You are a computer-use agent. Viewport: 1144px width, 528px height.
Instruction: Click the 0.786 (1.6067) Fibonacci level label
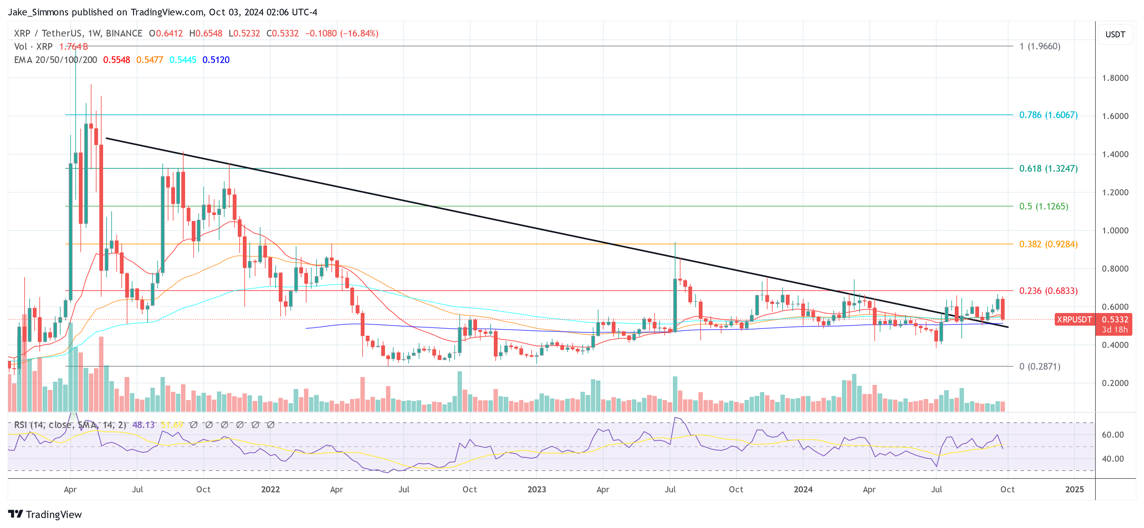pos(1048,115)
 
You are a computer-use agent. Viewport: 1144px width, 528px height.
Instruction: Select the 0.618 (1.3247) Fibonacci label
pos(1048,169)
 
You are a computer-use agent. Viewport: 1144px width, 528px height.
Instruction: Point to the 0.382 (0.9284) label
pos(1048,244)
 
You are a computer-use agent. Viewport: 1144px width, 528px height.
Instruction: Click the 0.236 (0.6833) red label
pos(1048,291)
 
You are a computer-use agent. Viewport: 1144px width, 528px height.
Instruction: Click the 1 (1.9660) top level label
pos(1040,46)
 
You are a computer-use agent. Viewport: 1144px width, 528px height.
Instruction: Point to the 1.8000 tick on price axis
pos(1115,78)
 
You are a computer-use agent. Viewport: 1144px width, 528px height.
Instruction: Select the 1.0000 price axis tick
pos(1115,230)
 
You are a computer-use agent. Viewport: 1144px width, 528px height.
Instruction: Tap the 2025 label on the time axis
pos(1074,489)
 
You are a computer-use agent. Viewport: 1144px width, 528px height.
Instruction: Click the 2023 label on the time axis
pos(536,489)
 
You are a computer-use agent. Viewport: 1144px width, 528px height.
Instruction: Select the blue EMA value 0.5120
pos(216,60)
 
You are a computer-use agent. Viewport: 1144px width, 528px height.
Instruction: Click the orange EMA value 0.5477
pos(150,60)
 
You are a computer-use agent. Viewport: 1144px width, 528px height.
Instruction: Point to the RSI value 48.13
pos(143,425)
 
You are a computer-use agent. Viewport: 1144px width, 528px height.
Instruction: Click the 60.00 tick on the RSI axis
pos(1112,435)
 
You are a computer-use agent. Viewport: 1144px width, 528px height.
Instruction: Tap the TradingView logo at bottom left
pos(45,514)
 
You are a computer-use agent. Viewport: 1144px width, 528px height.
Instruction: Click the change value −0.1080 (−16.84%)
pos(341,34)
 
